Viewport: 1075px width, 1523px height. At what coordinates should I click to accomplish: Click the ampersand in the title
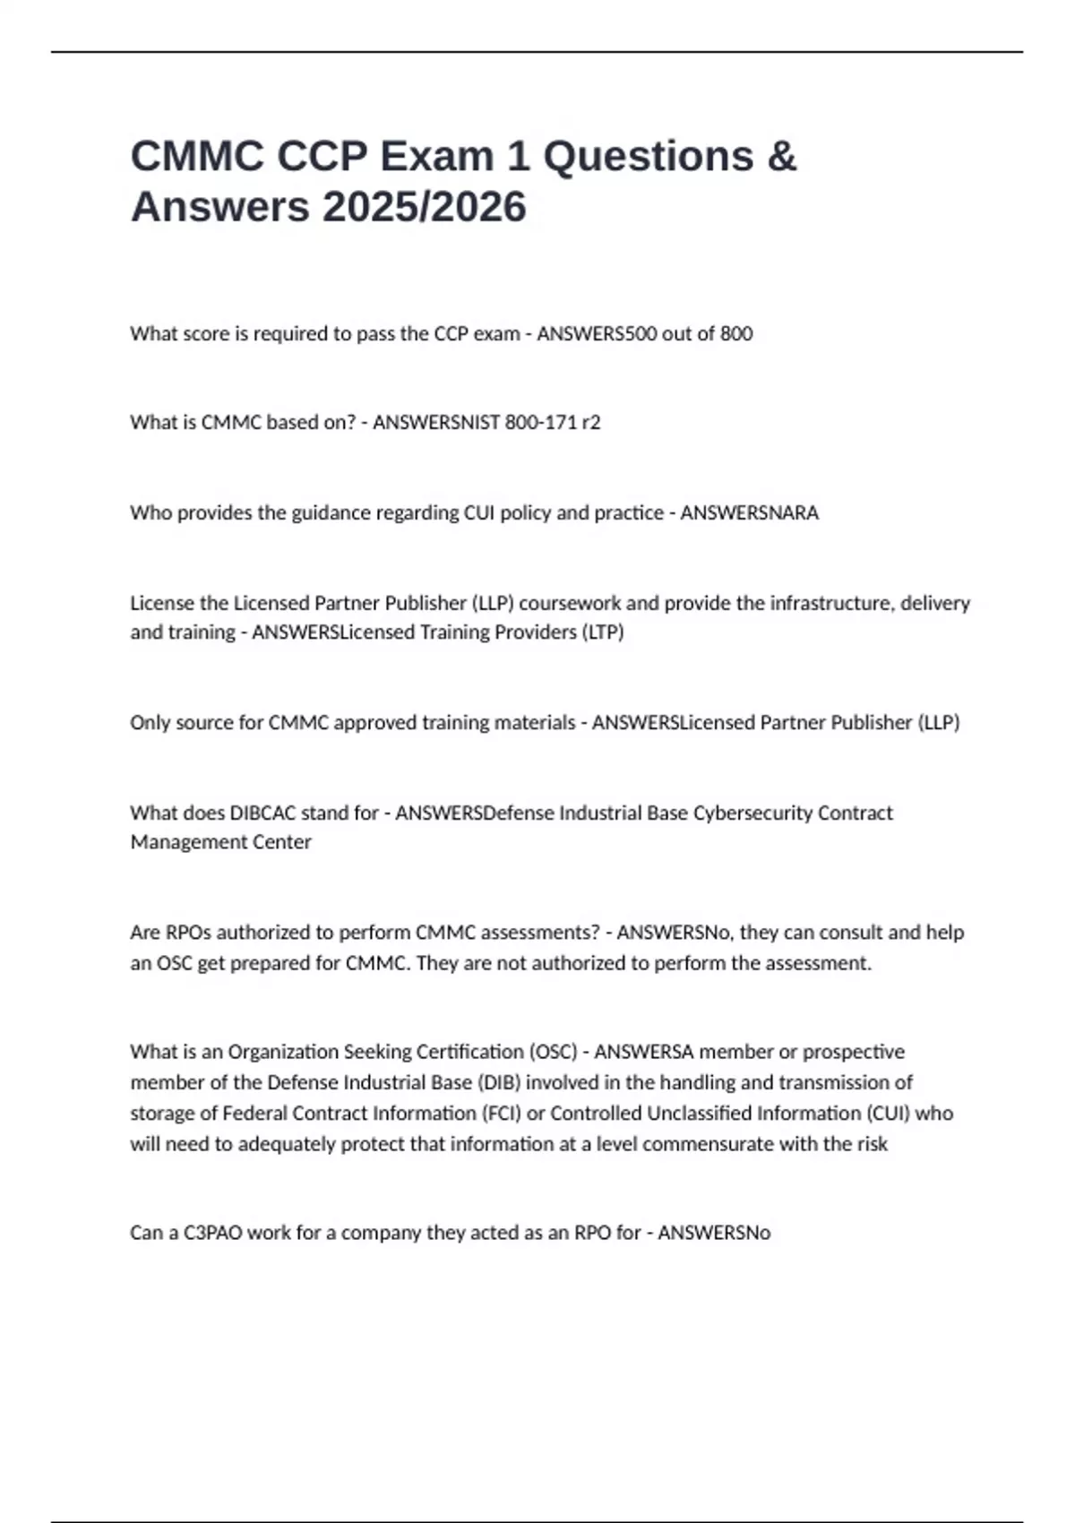coord(781,157)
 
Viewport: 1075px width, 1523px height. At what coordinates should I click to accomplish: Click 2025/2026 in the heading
coord(425,208)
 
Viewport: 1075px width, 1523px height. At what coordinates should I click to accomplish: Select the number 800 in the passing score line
coord(736,333)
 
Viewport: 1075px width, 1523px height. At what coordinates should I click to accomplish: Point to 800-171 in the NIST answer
coord(541,422)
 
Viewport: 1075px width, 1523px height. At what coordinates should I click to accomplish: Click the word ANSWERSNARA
coord(749,512)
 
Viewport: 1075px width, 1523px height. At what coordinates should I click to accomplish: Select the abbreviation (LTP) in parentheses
coord(603,632)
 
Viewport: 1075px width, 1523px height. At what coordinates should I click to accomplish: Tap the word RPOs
coord(188,933)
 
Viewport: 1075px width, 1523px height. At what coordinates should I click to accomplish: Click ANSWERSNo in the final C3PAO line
coord(714,1233)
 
